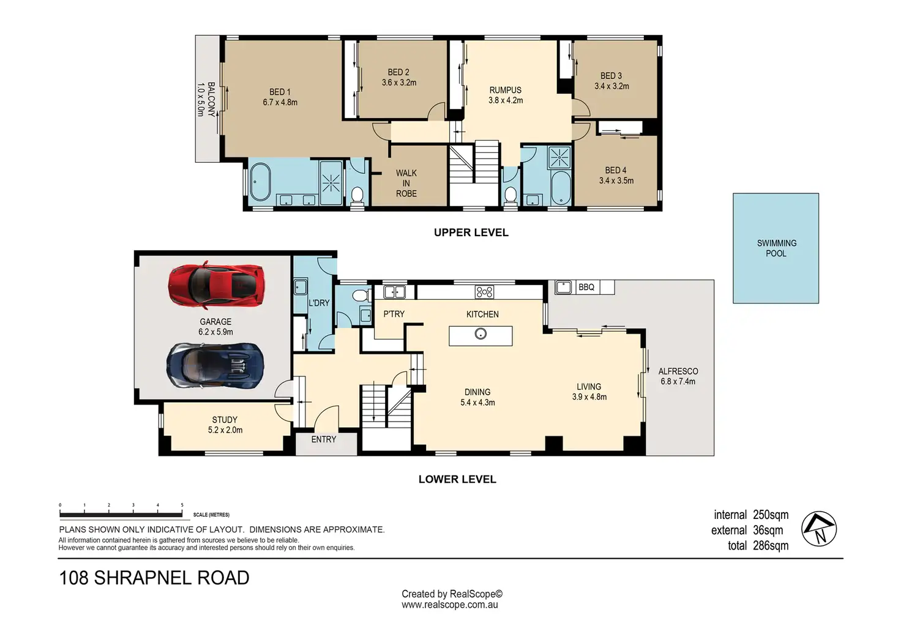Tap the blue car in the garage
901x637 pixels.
[215, 366]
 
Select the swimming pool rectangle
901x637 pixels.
[776, 248]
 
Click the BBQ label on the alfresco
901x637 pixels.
[586, 287]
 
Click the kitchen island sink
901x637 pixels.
[480, 333]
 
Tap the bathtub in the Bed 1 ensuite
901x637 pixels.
[260, 182]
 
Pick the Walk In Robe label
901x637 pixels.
[406, 184]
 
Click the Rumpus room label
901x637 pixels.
[505, 90]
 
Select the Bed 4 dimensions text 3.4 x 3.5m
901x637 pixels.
[616, 181]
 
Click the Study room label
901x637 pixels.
[225, 419]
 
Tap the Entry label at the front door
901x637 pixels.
[323, 439]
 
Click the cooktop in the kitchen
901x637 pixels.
[484, 292]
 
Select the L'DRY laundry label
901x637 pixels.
[319, 303]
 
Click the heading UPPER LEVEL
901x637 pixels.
[471, 233]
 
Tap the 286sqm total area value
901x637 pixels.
[771, 546]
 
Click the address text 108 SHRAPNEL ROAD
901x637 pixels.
[154, 578]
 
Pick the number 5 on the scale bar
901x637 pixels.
[182, 505]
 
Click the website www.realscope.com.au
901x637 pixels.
[450, 605]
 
